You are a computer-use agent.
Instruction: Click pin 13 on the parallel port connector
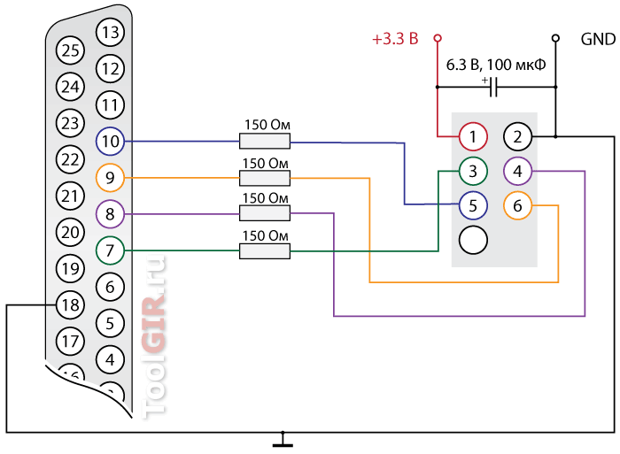point(111,32)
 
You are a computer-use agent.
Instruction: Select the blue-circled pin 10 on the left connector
point(111,141)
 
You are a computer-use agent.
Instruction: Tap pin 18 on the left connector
point(70,305)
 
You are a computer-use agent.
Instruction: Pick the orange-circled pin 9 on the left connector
point(111,177)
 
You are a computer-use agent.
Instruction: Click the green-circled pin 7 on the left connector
point(111,250)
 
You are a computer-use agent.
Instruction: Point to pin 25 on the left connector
point(70,50)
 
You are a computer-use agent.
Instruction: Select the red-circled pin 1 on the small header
point(473,136)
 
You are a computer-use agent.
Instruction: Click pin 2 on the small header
point(517,136)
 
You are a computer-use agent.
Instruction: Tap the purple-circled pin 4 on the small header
point(517,171)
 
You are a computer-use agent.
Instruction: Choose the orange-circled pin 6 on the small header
point(517,205)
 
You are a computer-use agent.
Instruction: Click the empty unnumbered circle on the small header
point(473,240)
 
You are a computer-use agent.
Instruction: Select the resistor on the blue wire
point(265,141)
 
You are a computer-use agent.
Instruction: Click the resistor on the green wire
point(265,251)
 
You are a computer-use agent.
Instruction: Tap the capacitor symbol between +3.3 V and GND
point(493,87)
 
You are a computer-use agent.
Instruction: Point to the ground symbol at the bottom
point(283,439)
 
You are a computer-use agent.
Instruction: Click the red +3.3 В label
point(395,39)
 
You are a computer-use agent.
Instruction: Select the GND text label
point(598,39)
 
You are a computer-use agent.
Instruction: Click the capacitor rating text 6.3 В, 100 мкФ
point(496,65)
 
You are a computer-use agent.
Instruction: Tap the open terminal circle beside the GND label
point(555,38)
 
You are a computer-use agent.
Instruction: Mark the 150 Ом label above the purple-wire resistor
point(266,198)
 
